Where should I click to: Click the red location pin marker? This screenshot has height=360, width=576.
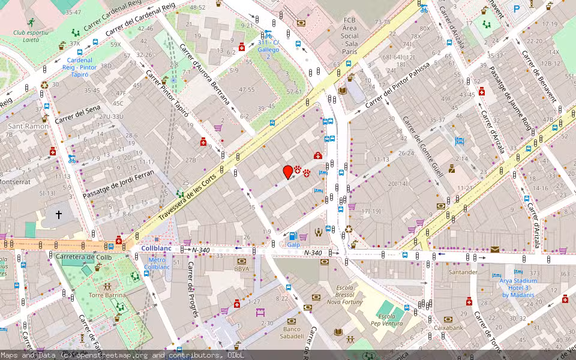[288, 172]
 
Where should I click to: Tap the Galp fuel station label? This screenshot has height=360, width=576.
[293, 245]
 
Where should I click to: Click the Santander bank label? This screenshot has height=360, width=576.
[463, 272]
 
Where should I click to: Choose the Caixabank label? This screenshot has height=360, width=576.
[449, 328]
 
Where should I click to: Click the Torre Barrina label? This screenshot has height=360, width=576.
[107, 295]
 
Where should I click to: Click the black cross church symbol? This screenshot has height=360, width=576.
[59, 214]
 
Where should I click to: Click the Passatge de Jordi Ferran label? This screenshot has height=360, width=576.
[118, 185]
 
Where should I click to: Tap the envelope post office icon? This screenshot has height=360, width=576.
[494, 249]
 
